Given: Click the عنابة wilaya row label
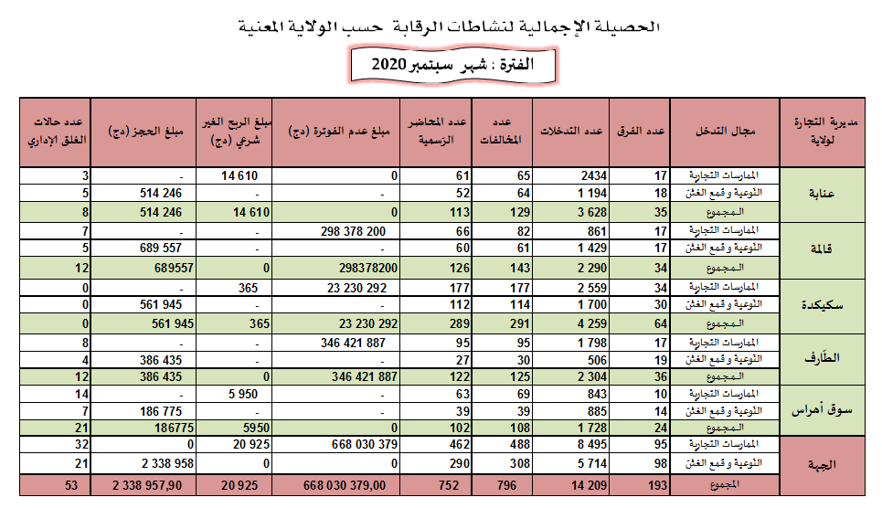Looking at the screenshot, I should (x=821, y=192).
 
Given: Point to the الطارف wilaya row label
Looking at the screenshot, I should (x=821, y=357).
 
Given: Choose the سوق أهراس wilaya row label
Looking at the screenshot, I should (x=821, y=411).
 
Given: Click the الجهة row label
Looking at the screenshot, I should (x=821, y=464).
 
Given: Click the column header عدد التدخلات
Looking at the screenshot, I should (x=571, y=132).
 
